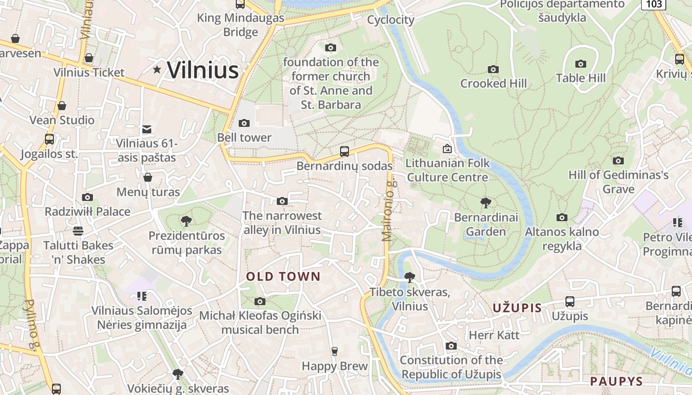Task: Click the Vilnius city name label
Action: tap(203, 70)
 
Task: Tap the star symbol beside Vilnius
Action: tap(157, 70)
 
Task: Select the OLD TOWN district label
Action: tap(284, 276)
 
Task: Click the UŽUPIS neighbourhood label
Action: tap(517, 308)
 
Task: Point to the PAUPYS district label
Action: tap(616, 381)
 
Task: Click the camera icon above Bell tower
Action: tap(244, 123)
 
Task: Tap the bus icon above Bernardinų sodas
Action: tap(345, 152)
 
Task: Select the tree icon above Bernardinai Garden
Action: tap(486, 202)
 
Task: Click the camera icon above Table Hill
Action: tap(581, 64)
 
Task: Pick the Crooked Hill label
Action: tap(493, 83)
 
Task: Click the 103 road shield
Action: tap(654, 4)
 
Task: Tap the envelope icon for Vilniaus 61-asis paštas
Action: tap(147, 129)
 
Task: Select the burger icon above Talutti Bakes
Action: tap(78, 231)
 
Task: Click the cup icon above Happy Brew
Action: tap(335, 351)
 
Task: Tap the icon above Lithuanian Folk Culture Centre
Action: tap(447, 148)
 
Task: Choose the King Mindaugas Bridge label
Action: tap(241, 25)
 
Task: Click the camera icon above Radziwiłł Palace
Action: tap(87, 197)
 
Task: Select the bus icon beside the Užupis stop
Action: tap(569, 301)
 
